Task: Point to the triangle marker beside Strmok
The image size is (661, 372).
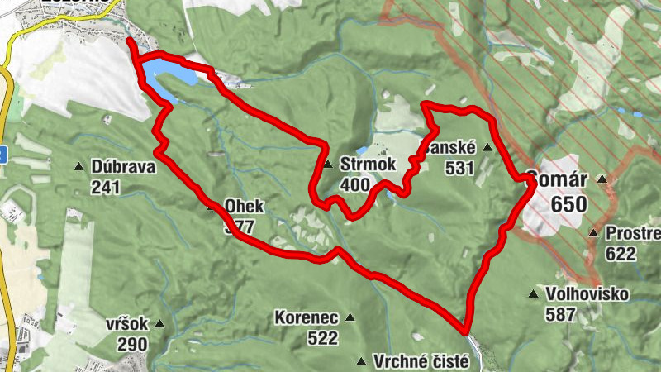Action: pos(328,164)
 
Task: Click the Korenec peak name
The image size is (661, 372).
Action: pos(306,317)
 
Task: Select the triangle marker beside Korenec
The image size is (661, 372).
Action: pos(350,317)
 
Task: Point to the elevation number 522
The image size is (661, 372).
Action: pos(322,337)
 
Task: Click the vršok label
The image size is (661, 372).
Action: pos(126,324)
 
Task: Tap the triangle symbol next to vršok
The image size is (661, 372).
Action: pos(159,323)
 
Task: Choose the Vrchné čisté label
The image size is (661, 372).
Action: pos(421,361)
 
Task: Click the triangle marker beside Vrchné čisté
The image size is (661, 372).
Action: pos(360,361)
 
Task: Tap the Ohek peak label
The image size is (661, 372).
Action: pos(244,205)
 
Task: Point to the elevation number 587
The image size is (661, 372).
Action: pos(560,314)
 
